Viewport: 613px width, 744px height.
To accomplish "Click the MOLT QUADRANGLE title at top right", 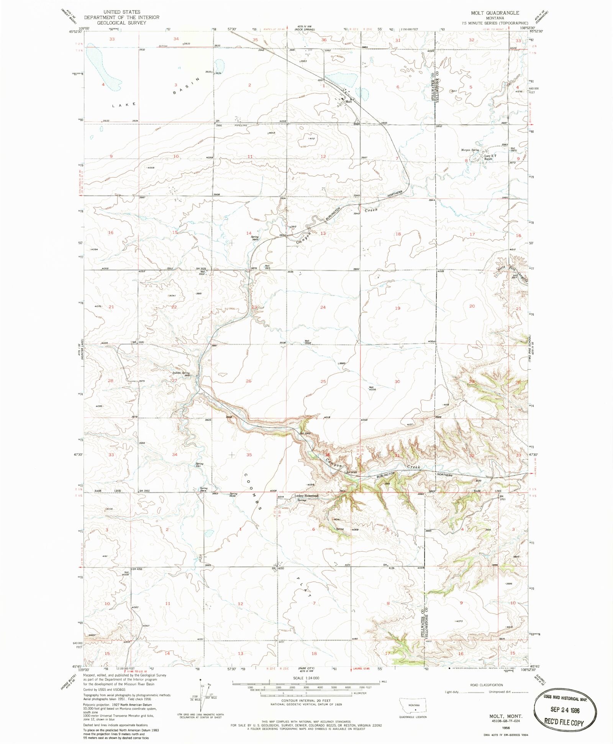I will click(495, 13).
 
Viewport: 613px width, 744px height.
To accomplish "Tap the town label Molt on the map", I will click(349, 102).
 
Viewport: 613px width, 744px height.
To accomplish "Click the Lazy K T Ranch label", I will click(490, 157).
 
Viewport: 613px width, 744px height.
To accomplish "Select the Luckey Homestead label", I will click(306, 496).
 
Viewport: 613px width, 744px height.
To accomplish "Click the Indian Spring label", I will click(181, 373).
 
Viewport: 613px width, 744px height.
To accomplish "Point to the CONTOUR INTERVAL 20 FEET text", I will click(306, 701).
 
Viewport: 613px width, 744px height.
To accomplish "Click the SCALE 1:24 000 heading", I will click(306, 678).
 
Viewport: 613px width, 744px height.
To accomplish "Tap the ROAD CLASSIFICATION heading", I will click(486, 685).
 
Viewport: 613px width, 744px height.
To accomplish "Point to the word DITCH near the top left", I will click(164, 46).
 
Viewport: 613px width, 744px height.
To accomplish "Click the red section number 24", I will click(323, 307).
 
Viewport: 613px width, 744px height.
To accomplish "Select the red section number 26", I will click(249, 381).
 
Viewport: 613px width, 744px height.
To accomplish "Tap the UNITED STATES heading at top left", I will click(122, 12).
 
